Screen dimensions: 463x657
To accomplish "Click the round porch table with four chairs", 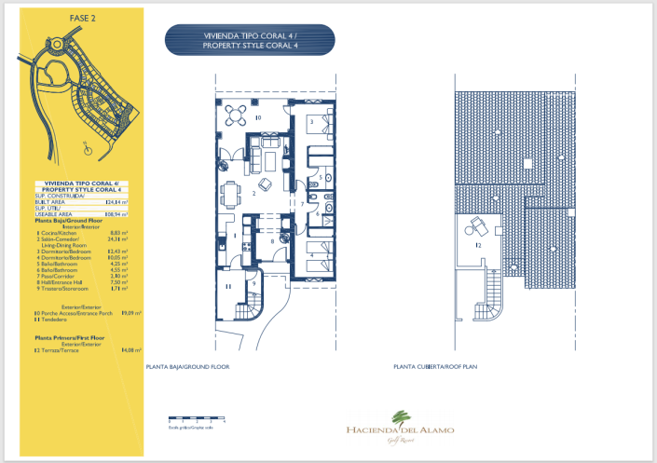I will [x=238, y=114].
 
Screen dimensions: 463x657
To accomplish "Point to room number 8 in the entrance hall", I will [x=271, y=241].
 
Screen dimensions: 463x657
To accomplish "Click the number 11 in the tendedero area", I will [x=228, y=287].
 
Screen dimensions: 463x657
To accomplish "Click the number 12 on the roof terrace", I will [x=478, y=245].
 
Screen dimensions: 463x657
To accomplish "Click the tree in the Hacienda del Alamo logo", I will [x=402, y=415].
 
